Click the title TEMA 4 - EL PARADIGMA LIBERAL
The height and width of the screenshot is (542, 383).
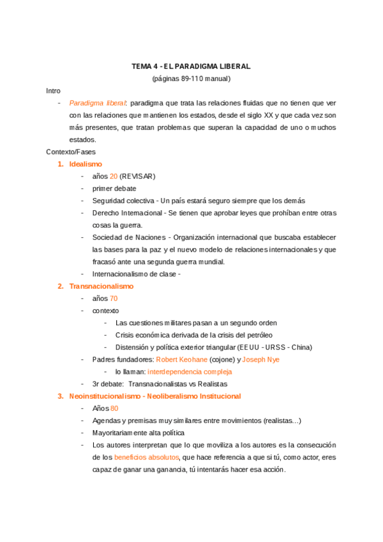pos(191,66)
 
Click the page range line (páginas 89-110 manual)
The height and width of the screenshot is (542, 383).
pos(191,79)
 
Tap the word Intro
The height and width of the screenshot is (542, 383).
pos(54,91)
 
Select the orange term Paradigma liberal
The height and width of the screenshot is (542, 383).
pos(98,103)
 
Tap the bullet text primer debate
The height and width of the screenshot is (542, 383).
pos(114,189)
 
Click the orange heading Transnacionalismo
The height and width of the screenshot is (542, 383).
pos(101,286)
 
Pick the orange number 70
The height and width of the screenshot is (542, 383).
pos(114,298)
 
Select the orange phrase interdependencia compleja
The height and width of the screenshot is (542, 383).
pos(190,371)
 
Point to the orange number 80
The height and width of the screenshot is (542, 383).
pos(114,408)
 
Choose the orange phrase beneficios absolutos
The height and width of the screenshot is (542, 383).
pos(146,458)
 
